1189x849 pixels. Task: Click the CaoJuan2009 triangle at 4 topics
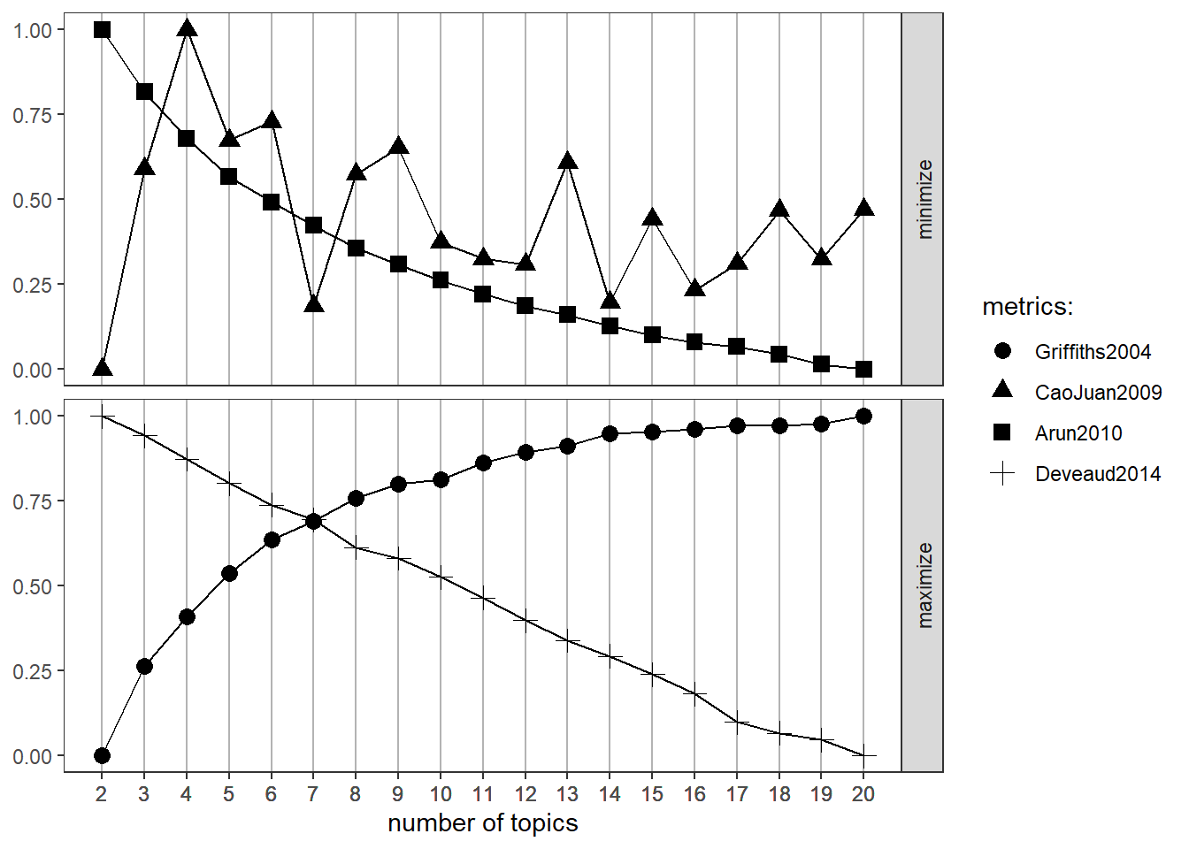click(187, 29)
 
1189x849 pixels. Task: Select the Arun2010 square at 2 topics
click(102, 30)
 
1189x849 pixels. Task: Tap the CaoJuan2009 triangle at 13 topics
click(568, 162)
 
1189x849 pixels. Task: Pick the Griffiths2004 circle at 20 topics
click(864, 416)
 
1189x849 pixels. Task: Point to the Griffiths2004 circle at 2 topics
click(102, 755)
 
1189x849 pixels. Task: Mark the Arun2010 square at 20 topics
click(864, 370)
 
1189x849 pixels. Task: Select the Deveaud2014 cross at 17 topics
click(737, 722)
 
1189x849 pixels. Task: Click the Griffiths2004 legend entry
click(1093, 352)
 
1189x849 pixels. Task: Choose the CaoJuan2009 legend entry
click(1098, 393)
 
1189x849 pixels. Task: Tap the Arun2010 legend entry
click(1078, 433)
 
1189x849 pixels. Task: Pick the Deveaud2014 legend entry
click(1097, 474)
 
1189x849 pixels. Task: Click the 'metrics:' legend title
click(1027, 307)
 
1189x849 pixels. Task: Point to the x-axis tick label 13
click(568, 794)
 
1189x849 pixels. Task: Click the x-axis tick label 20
click(863, 794)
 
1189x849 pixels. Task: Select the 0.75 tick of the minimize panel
click(32, 115)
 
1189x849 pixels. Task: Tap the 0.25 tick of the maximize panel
click(32, 671)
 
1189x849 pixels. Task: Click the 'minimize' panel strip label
click(924, 199)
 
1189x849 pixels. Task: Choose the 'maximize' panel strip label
click(924, 585)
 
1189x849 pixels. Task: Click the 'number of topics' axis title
click(483, 823)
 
